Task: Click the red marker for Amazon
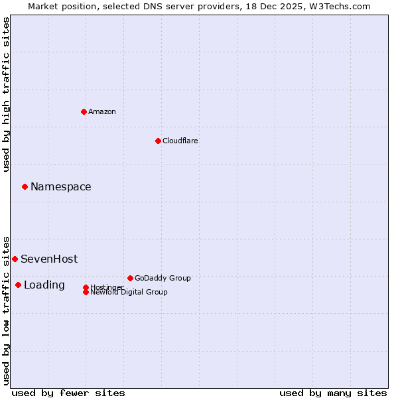point(84,111)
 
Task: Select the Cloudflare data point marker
point(158,141)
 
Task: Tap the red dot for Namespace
point(25,186)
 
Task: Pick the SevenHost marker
point(15,259)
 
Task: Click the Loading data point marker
point(18,285)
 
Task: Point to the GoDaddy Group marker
point(130,278)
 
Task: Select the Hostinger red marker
point(86,287)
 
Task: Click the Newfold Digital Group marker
point(86,292)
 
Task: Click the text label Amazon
point(102,111)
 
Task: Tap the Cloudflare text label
point(180,141)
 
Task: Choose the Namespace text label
point(61,187)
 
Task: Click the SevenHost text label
point(49,259)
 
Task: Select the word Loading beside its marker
point(44,285)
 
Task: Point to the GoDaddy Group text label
point(163,278)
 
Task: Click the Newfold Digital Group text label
point(129,293)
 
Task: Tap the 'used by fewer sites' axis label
point(68,393)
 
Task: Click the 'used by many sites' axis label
point(333,393)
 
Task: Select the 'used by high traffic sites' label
point(7,94)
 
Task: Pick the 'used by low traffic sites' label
point(7,310)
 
